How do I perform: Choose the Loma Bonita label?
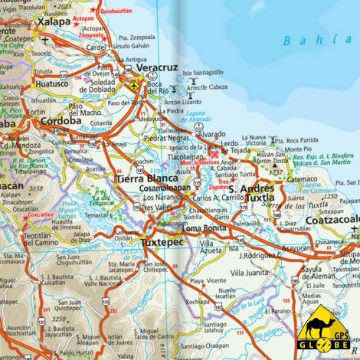(x=204, y=227)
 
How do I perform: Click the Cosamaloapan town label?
(x=166, y=188)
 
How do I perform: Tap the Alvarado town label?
(x=211, y=133)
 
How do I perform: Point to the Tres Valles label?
(x=157, y=207)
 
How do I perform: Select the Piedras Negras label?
(x=166, y=138)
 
